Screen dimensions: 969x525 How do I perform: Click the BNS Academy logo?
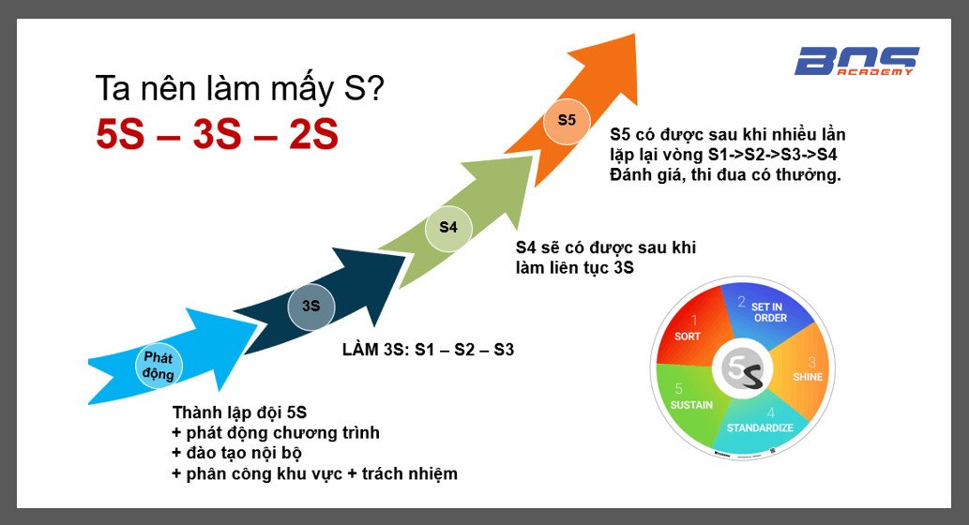click(856, 61)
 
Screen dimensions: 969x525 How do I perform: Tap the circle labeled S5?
click(567, 121)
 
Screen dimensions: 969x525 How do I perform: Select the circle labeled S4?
click(448, 228)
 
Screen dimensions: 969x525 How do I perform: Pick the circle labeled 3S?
click(310, 307)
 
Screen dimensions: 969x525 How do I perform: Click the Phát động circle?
click(159, 366)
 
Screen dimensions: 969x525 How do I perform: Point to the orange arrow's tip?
click(635, 35)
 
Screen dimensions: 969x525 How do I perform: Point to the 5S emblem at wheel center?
click(742, 369)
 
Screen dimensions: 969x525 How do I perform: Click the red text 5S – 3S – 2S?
click(217, 134)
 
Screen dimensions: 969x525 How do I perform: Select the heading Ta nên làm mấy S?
click(240, 88)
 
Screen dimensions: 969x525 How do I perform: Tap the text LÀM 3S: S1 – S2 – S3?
click(429, 350)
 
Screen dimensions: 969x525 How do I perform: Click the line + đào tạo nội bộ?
click(236, 453)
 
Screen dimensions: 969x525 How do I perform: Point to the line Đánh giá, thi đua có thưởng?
click(725, 174)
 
